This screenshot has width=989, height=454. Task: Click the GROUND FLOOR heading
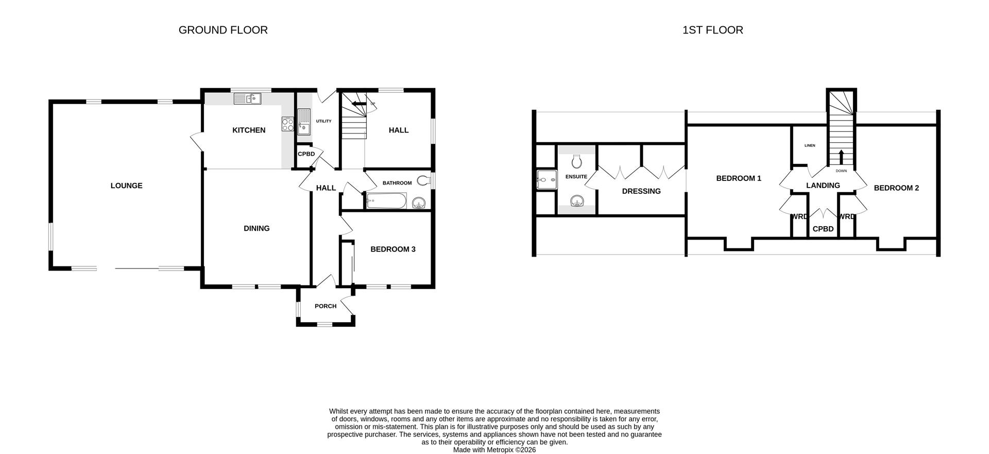[x=223, y=30]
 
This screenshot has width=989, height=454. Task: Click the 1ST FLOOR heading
[x=712, y=30]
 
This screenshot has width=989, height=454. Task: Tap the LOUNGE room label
[x=126, y=186]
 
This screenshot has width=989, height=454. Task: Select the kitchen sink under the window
[x=248, y=98]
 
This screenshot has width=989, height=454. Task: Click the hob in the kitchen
[x=287, y=124]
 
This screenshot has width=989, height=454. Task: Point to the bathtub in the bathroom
[x=386, y=201]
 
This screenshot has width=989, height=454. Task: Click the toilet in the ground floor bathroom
[x=423, y=180]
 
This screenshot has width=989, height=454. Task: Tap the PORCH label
[x=326, y=306]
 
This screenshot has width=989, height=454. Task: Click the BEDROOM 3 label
[x=393, y=249]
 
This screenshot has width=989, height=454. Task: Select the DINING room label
[x=257, y=228]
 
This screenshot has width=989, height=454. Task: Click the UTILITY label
[x=323, y=121]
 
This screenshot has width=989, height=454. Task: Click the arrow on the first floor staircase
[x=841, y=156]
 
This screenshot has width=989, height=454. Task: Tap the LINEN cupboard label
[x=810, y=145]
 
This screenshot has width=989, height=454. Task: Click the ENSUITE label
[x=576, y=177]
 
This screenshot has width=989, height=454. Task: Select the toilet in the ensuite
[x=576, y=161]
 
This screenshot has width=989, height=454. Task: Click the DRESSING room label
[x=641, y=191]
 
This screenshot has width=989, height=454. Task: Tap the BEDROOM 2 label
[x=896, y=188]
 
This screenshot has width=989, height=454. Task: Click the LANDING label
[x=823, y=186]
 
